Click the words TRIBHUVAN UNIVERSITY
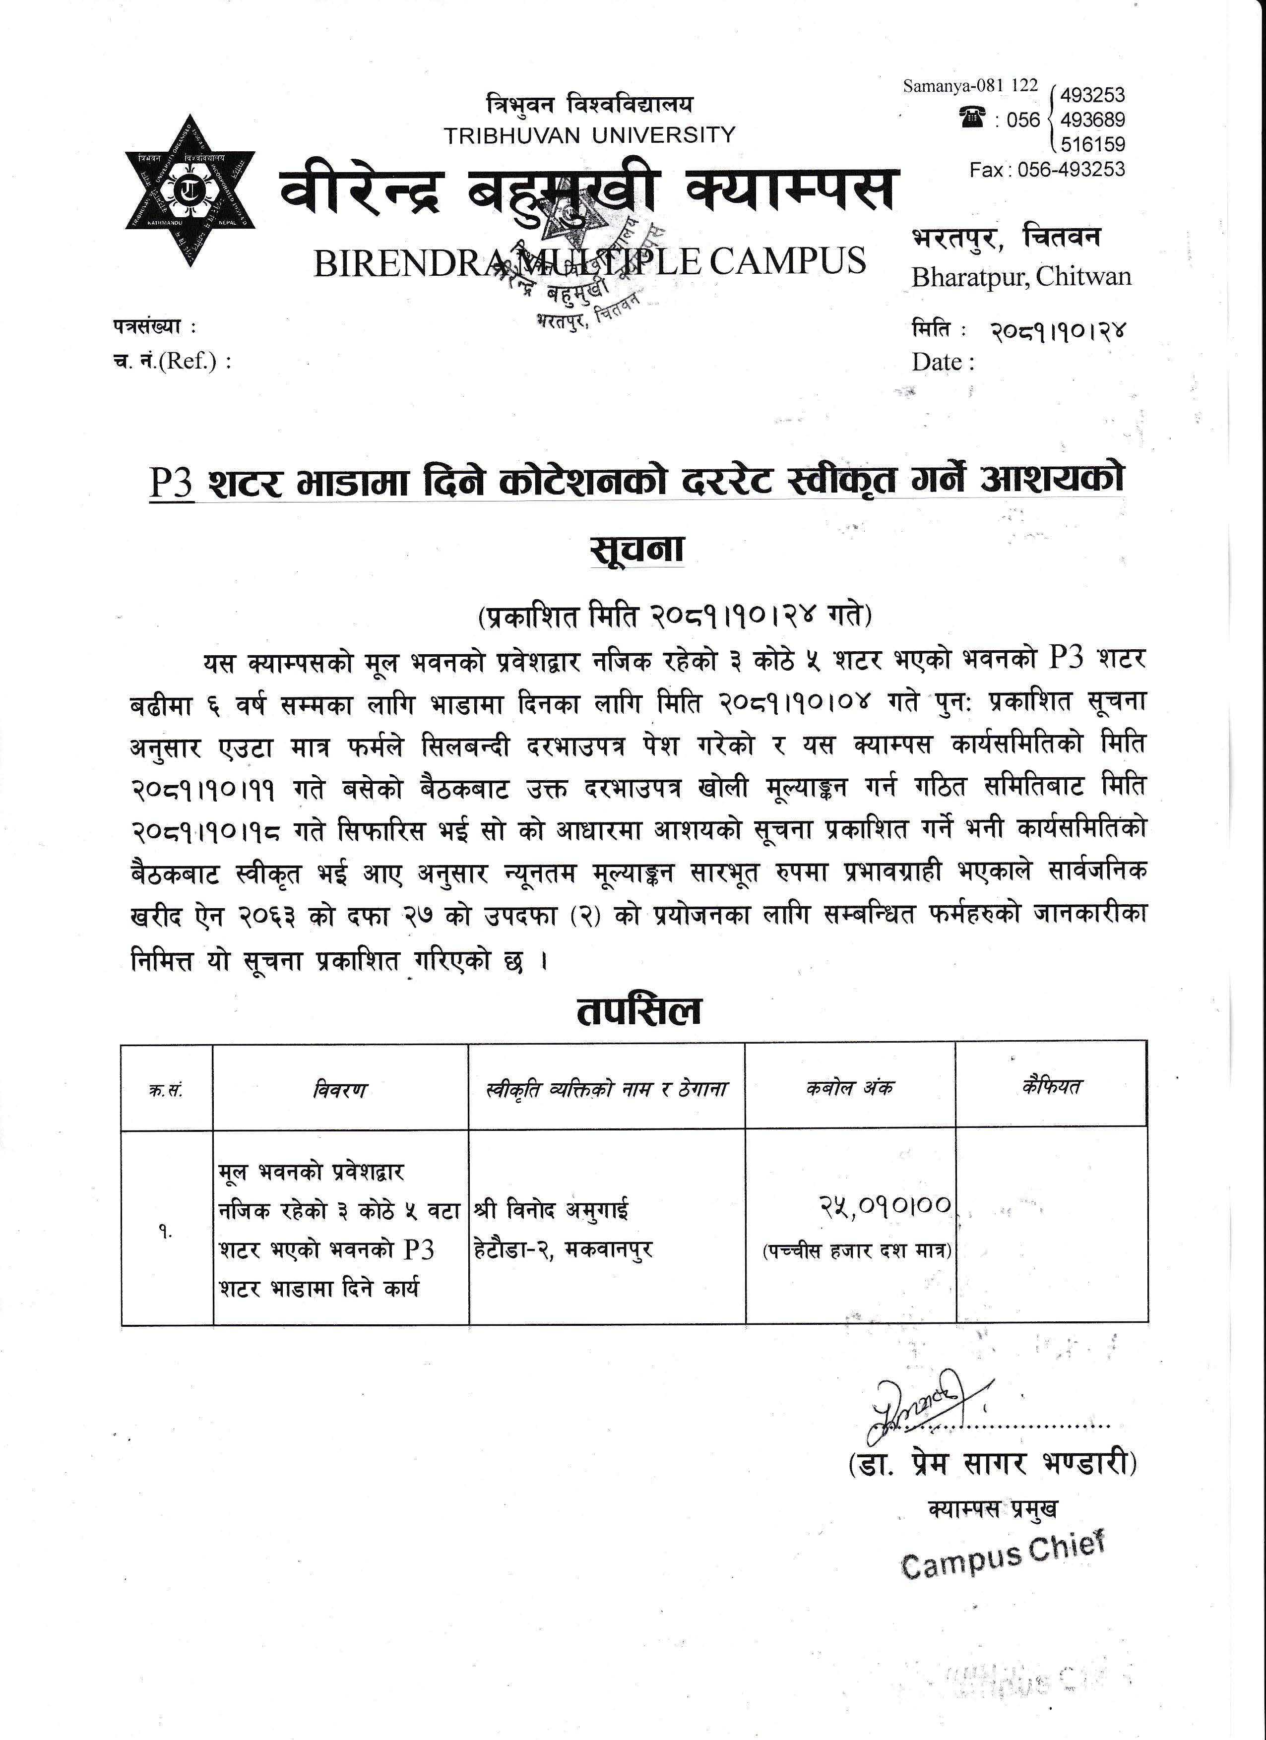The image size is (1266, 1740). [x=589, y=135]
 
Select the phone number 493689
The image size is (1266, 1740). [x=1092, y=120]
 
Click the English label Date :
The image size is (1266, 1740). [x=943, y=362]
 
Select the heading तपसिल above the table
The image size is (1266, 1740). [x=638, y=1011]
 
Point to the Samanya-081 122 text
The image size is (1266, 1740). [x=970, y=86]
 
